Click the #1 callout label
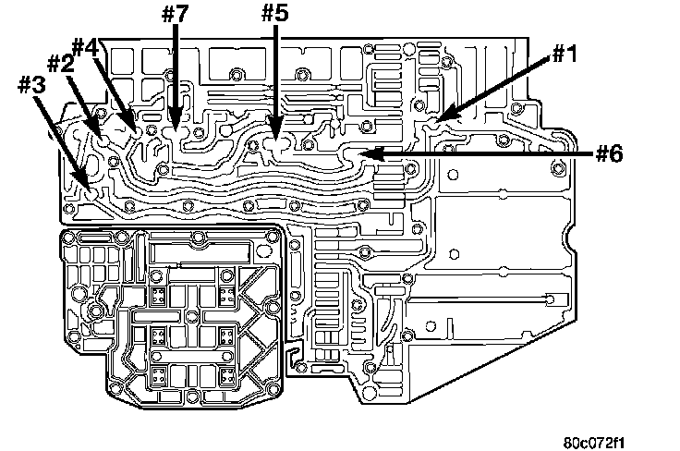(565, 55)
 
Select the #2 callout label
(60, 64)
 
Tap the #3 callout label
(31, 85)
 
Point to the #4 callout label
(85, 47)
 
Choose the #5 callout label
(275, 13)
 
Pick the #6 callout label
(609, 153)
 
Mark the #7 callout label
(176, 14)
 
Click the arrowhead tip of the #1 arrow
(437, 120)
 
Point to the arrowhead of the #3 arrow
(91, 189)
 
